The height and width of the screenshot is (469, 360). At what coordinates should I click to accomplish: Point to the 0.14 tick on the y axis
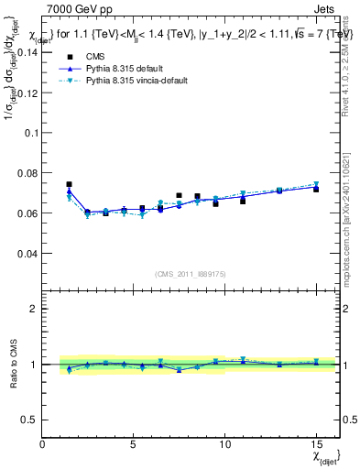click(28, 52)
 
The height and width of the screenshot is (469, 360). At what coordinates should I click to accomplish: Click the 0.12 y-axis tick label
click(28, 93)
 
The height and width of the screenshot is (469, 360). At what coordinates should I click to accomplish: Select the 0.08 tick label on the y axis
click(28, 173)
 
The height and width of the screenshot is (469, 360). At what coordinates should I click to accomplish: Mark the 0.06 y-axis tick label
click(28, 213)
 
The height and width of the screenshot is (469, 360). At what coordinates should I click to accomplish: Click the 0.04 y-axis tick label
click(28, 254)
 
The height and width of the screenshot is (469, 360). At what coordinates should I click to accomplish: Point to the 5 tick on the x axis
click(134, 444)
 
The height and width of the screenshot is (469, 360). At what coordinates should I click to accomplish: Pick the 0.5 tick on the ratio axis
click(30, 420)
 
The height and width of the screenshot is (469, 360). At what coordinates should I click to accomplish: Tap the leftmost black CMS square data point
click(69, 184)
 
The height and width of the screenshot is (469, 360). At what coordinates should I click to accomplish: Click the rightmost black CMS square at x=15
click(316, 189)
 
